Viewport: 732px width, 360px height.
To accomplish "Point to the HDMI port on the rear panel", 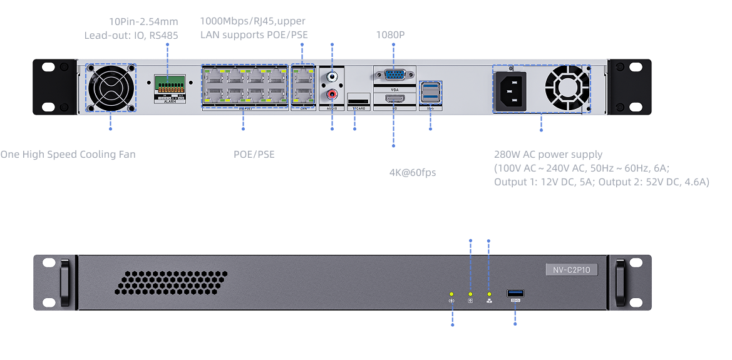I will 394,100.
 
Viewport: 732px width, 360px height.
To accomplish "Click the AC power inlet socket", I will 512,88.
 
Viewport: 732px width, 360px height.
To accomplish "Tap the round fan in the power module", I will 567,88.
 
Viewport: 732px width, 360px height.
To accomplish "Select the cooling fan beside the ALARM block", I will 111,88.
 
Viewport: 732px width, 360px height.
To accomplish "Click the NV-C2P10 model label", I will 572,270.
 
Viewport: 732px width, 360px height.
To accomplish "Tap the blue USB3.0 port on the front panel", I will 515,293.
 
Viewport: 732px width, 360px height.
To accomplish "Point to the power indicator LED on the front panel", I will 451,294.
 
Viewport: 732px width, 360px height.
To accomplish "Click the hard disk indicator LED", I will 470,294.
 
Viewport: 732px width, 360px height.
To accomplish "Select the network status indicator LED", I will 489,294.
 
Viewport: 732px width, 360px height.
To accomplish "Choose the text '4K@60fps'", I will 413,172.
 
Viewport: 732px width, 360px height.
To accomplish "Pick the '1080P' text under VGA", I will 390,34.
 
